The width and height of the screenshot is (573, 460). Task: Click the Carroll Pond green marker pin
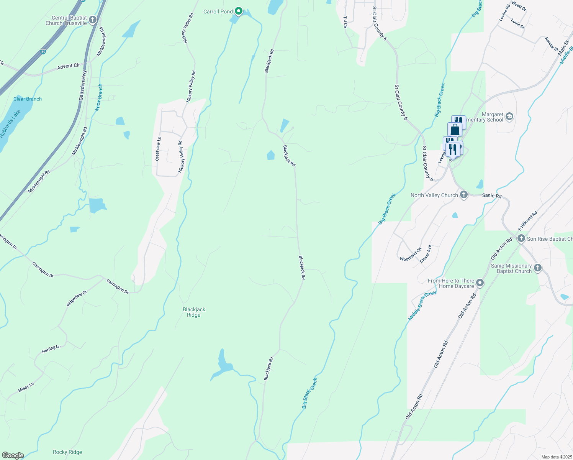click(239, 11)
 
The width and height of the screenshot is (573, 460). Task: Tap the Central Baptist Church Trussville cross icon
click(93, 20)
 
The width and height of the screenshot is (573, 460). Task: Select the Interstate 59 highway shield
click(44, 51)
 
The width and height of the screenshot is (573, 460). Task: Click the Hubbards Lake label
click(10, 124)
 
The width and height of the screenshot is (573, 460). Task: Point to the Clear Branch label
click(28, 99)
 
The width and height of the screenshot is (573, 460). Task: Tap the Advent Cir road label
click(69, 66)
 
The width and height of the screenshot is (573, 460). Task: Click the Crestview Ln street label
click(158, 148)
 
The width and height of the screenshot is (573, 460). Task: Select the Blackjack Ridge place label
click(194, 312)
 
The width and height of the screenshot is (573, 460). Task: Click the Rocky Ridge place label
click(67, 452)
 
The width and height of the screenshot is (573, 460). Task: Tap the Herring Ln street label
click(51, 349)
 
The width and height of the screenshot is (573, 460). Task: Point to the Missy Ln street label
click(26, 387)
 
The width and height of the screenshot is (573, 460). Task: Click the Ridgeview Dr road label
click(77, 298)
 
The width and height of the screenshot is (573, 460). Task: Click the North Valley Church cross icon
click(464, 195)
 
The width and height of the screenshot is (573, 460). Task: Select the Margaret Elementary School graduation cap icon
click(509, 117)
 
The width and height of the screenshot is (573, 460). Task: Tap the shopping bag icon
click(455, 130)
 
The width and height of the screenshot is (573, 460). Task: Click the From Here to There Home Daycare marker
click(480, 283)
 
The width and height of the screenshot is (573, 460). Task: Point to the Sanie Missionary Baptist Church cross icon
click(538, 268)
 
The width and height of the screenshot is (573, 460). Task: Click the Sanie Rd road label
click(492, 195)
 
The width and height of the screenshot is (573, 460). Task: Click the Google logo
click(13, 455)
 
